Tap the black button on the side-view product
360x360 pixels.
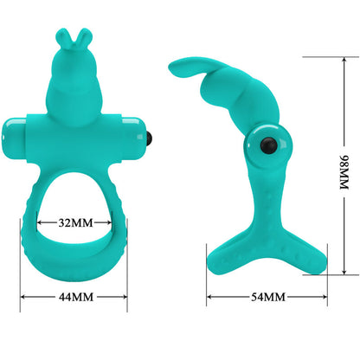tap(258, 145)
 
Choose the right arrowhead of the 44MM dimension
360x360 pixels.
tap(125, 298)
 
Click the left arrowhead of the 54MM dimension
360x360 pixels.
tap(209, 298)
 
